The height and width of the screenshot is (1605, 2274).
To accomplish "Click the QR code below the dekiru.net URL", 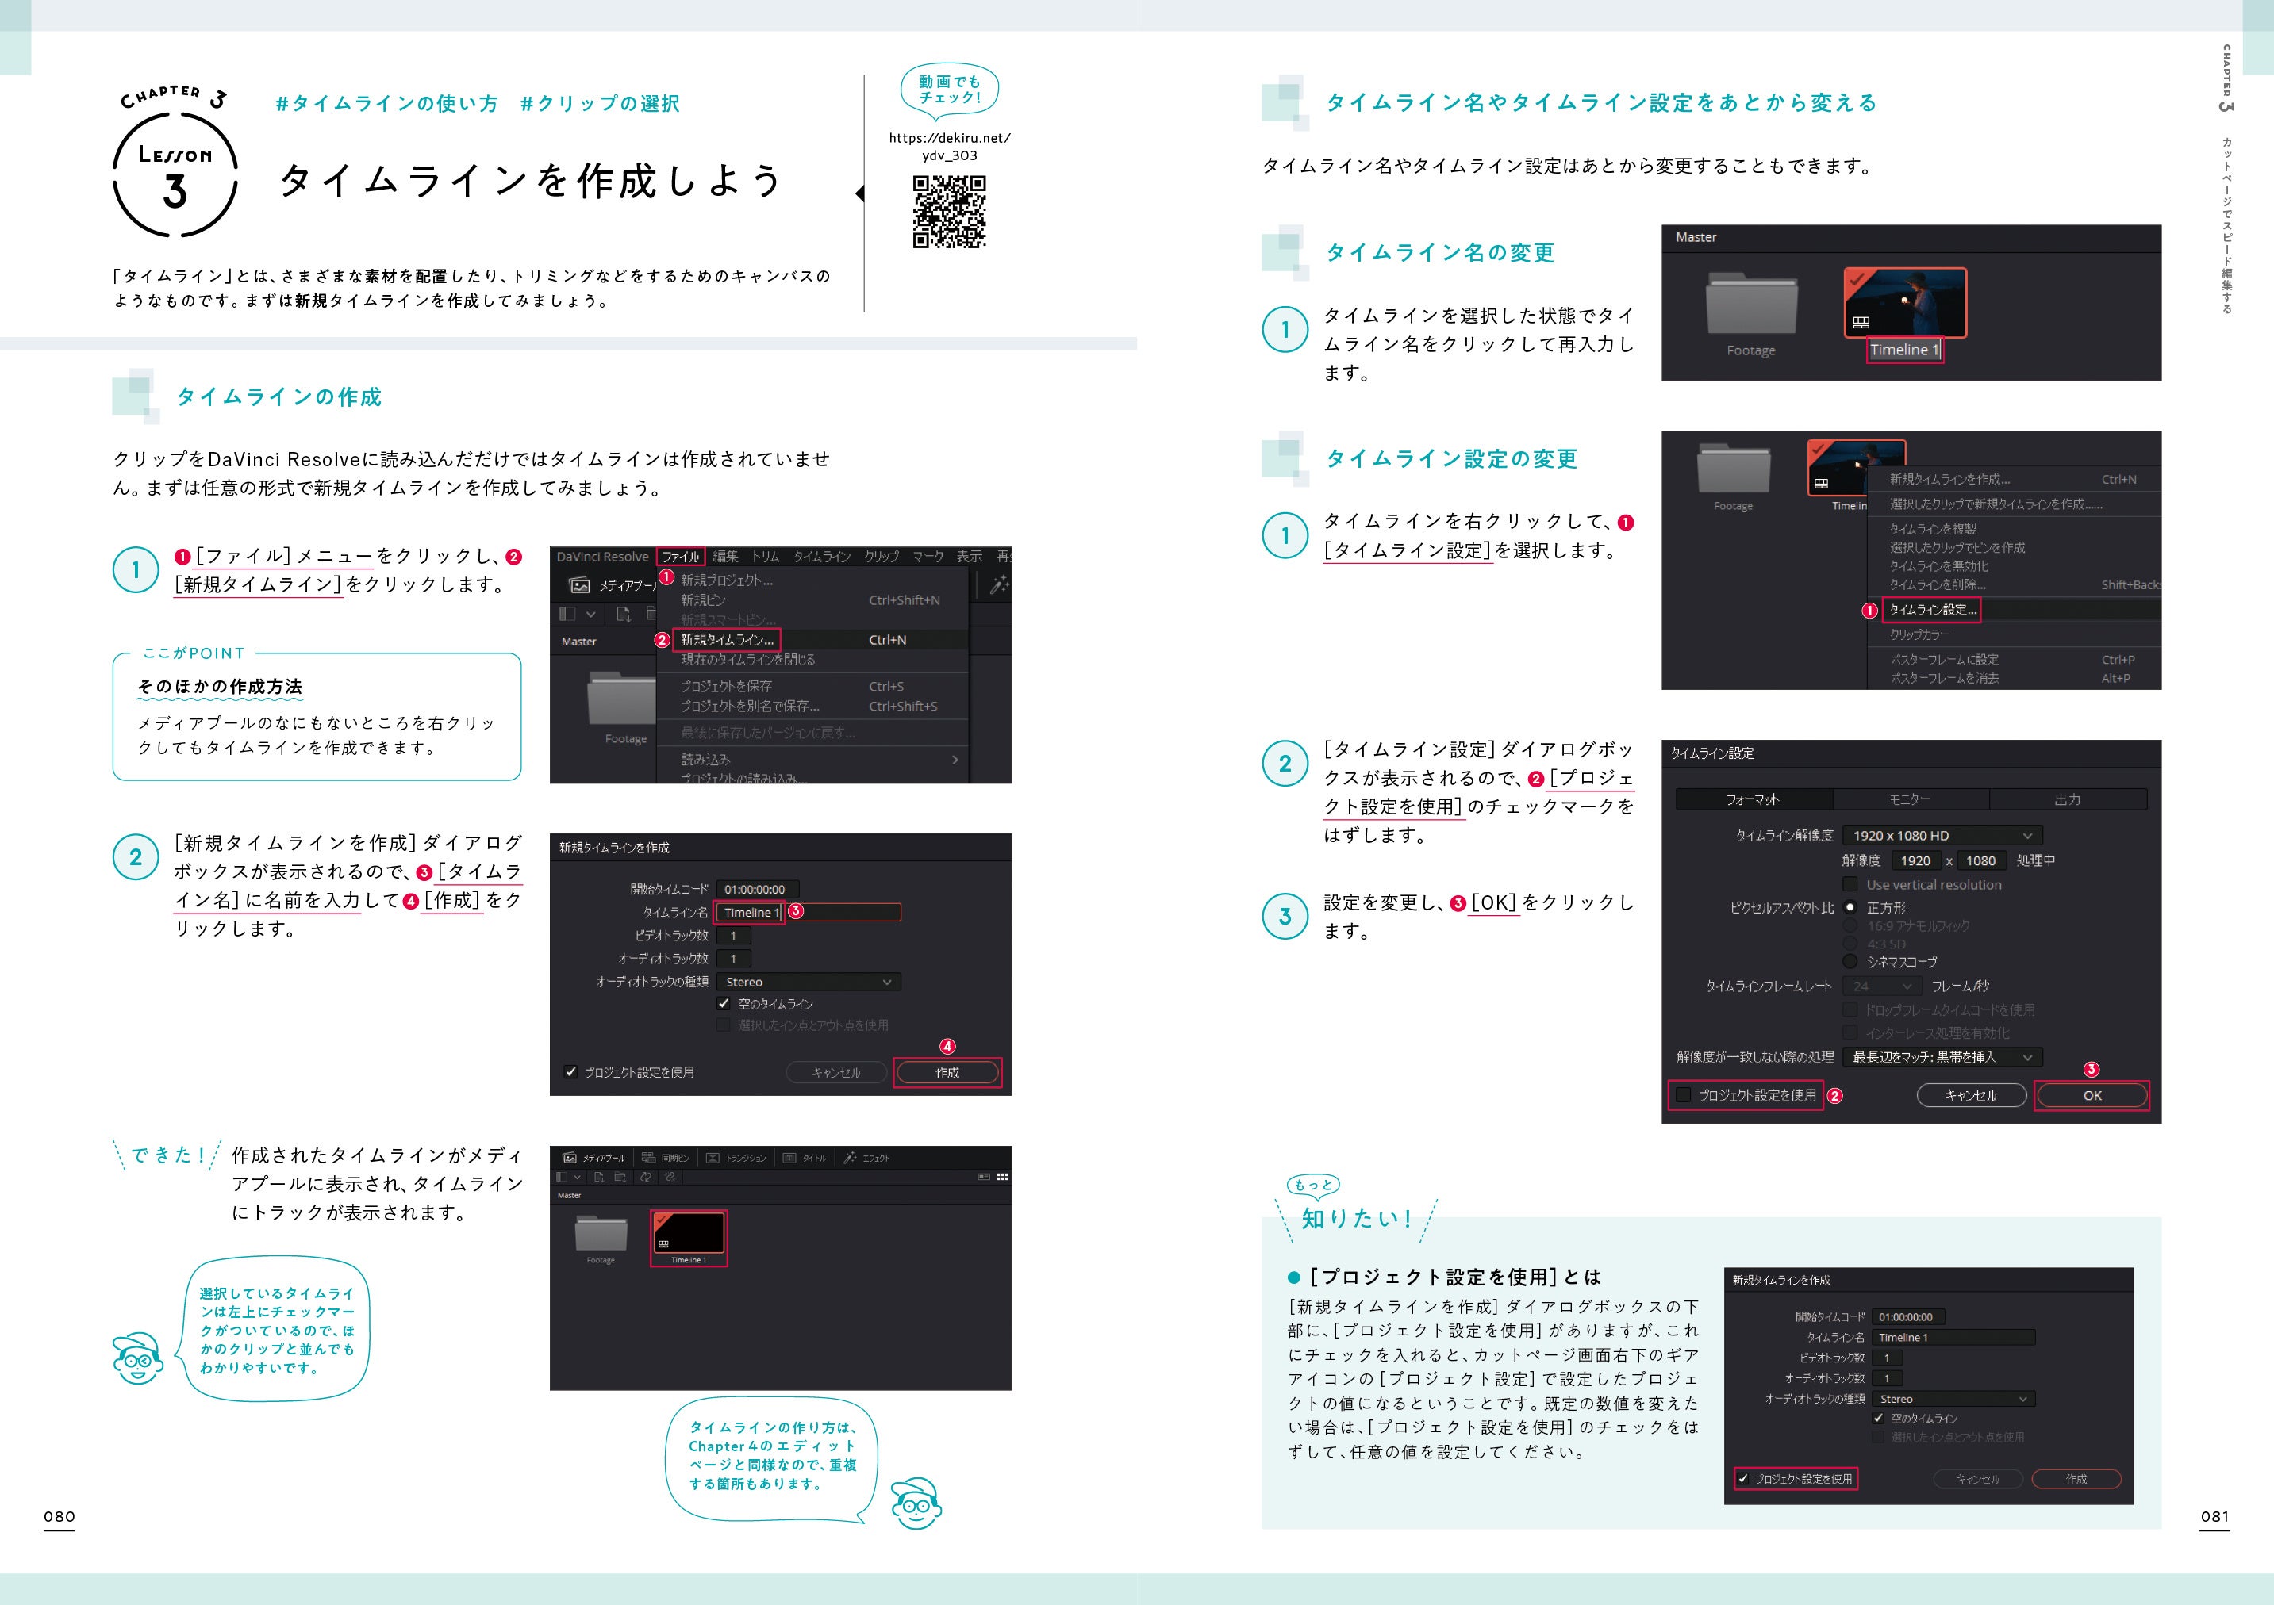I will pos(949,212).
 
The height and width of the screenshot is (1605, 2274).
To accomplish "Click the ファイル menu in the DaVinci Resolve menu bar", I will pos(681,557).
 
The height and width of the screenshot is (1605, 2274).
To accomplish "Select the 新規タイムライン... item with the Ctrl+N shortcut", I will pos(727,640).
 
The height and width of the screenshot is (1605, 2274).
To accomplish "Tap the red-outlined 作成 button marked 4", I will pos(947,1072).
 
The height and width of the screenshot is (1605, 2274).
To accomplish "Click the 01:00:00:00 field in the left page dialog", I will pos(755,889).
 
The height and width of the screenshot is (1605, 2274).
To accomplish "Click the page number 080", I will pos(60,1516).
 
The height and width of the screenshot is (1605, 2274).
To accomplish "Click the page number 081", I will pos(2214,1516).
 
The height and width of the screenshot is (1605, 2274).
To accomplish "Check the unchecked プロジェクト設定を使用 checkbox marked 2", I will pos(1684,1095).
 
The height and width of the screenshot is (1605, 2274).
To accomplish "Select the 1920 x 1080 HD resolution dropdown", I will pos(1942,836).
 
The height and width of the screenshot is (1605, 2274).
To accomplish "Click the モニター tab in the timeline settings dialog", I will pos(1910,799).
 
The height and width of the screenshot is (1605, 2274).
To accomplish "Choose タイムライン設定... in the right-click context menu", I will pos(1932,610).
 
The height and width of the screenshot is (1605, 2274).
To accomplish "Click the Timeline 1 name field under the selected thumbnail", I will pos(1903,350).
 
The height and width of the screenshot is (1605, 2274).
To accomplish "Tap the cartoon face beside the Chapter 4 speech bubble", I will pos(915,1504).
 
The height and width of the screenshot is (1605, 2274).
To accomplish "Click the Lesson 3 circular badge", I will pos(175,178).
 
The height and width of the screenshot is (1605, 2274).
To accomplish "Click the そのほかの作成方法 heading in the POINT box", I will pos(220,686).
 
